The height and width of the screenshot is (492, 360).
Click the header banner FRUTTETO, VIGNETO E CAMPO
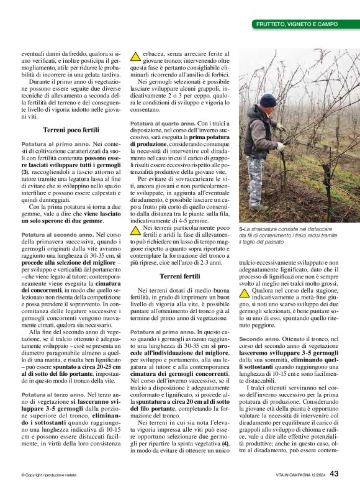click(x=297, y=24)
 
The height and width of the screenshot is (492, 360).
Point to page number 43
click(x=334, y=474)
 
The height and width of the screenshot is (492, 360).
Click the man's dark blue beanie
click(x=268, y=100)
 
